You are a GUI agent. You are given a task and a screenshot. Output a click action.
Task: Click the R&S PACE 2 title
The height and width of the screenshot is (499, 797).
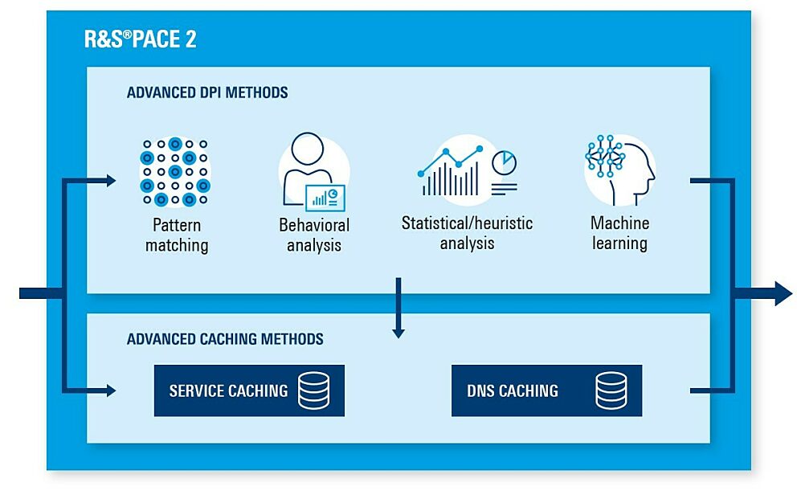[x=141, y=39]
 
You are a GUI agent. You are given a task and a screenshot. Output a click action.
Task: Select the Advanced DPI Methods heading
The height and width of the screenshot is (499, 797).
[x=207, y=92]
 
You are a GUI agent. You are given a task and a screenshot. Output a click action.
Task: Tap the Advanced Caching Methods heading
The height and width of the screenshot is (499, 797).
[x=225, y=339]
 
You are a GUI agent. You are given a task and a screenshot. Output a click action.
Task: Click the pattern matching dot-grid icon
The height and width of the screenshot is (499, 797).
[x=175, y=172]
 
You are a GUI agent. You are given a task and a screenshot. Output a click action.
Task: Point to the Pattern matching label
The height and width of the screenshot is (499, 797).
[x=177, y=235]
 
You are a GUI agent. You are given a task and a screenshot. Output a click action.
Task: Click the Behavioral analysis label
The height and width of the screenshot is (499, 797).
[x=314, y=235]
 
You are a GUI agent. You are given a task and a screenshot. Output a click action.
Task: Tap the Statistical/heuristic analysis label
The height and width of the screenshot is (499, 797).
[x=467, y=233]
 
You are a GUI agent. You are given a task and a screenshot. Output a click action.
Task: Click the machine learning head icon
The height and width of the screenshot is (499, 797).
[x=620, y=170]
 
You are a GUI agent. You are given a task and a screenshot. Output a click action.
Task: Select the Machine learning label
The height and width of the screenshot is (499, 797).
[x=620, y=233]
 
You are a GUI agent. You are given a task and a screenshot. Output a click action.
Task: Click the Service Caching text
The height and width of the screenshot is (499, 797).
[x=229, y=391]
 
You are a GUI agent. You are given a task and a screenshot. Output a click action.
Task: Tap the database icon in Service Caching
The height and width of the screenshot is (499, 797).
[x=313, y=391]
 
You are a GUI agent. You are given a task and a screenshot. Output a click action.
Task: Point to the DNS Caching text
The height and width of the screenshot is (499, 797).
[x=513, y=391]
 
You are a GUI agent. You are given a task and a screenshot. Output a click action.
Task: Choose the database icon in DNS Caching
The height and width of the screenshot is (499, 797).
[x=611, y=391]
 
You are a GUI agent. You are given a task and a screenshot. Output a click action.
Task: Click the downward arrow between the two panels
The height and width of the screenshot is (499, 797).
[x=398, y=308]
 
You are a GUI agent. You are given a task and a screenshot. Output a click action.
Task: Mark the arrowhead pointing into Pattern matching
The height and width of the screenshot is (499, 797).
[x=112, y=180]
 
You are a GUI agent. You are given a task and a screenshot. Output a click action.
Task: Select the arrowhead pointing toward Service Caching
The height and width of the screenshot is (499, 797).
[x=112, y=391]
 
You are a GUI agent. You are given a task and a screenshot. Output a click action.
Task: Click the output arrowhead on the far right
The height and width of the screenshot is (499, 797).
[x=783, y=293]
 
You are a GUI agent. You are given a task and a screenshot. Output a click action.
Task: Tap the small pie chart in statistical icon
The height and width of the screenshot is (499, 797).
[x=505, y=162]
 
